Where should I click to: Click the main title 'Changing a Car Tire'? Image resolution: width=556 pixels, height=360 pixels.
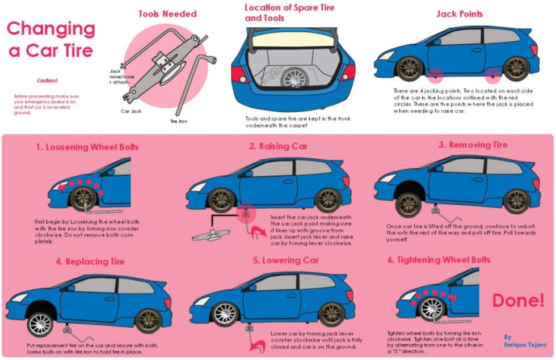50,39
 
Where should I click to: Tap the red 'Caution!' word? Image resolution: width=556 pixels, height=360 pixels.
47,81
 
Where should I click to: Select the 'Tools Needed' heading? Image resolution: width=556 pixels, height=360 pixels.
167,14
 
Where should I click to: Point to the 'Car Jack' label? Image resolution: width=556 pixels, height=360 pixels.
130,112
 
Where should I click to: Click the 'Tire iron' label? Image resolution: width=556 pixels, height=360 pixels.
178,121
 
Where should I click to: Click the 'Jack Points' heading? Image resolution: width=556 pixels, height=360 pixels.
460,14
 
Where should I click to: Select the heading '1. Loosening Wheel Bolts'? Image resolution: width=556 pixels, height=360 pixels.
87,147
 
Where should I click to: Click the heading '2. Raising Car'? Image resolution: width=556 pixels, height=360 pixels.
278,146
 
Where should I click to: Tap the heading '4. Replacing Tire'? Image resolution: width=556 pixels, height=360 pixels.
90,262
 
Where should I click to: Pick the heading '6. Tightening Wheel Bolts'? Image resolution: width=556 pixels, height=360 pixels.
439,260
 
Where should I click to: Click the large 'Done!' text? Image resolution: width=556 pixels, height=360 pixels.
517,300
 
